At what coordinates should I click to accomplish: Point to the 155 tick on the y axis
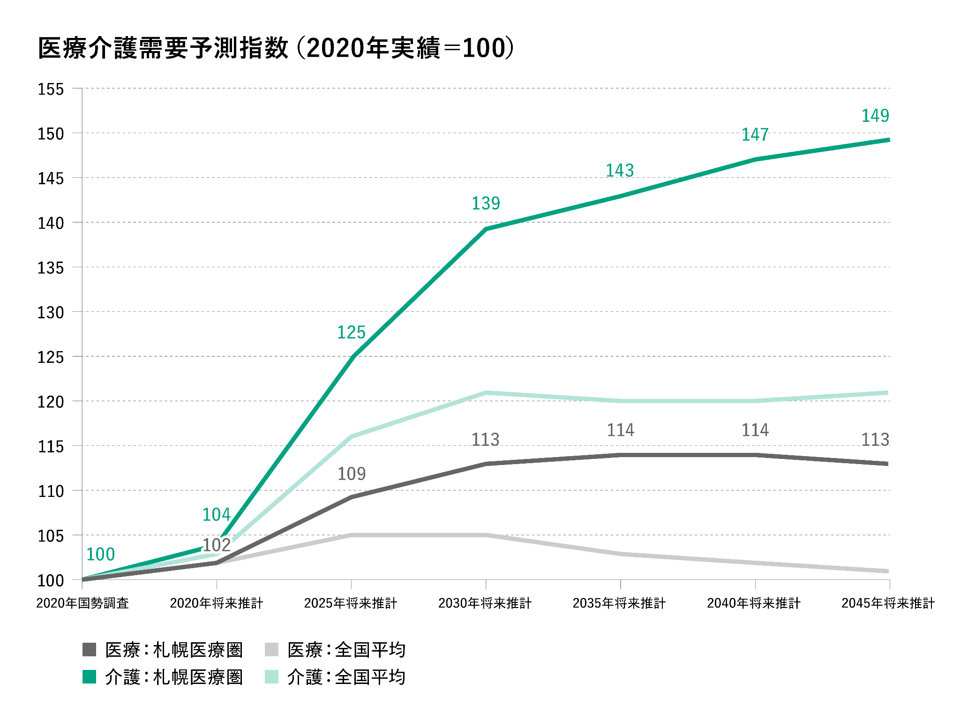[51, 89]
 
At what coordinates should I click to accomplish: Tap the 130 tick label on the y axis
[51, 313]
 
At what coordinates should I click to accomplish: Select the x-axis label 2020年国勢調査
[82, 603]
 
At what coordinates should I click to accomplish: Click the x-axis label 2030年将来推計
[485, 603]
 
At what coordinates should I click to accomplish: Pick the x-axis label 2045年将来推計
[888, 603]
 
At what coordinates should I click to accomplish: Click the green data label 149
[875, 116]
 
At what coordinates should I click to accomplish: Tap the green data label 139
[486, 203]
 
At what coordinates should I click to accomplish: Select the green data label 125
[351, 332]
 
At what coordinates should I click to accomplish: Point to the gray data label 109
[352, 474]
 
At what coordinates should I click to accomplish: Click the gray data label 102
[217, 545]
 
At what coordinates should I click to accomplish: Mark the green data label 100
[100, 555]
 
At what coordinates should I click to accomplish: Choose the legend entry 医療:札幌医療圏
[173, 650]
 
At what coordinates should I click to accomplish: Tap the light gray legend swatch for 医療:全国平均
[272, 650]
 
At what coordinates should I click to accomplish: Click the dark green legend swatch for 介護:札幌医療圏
[90, 677]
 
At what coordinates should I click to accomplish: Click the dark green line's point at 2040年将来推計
[755, 159]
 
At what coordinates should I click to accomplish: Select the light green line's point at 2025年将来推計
[351, 436]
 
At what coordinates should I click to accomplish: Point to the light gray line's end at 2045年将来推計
[887, 571]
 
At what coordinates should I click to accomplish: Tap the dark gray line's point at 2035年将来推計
[621, 455]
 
